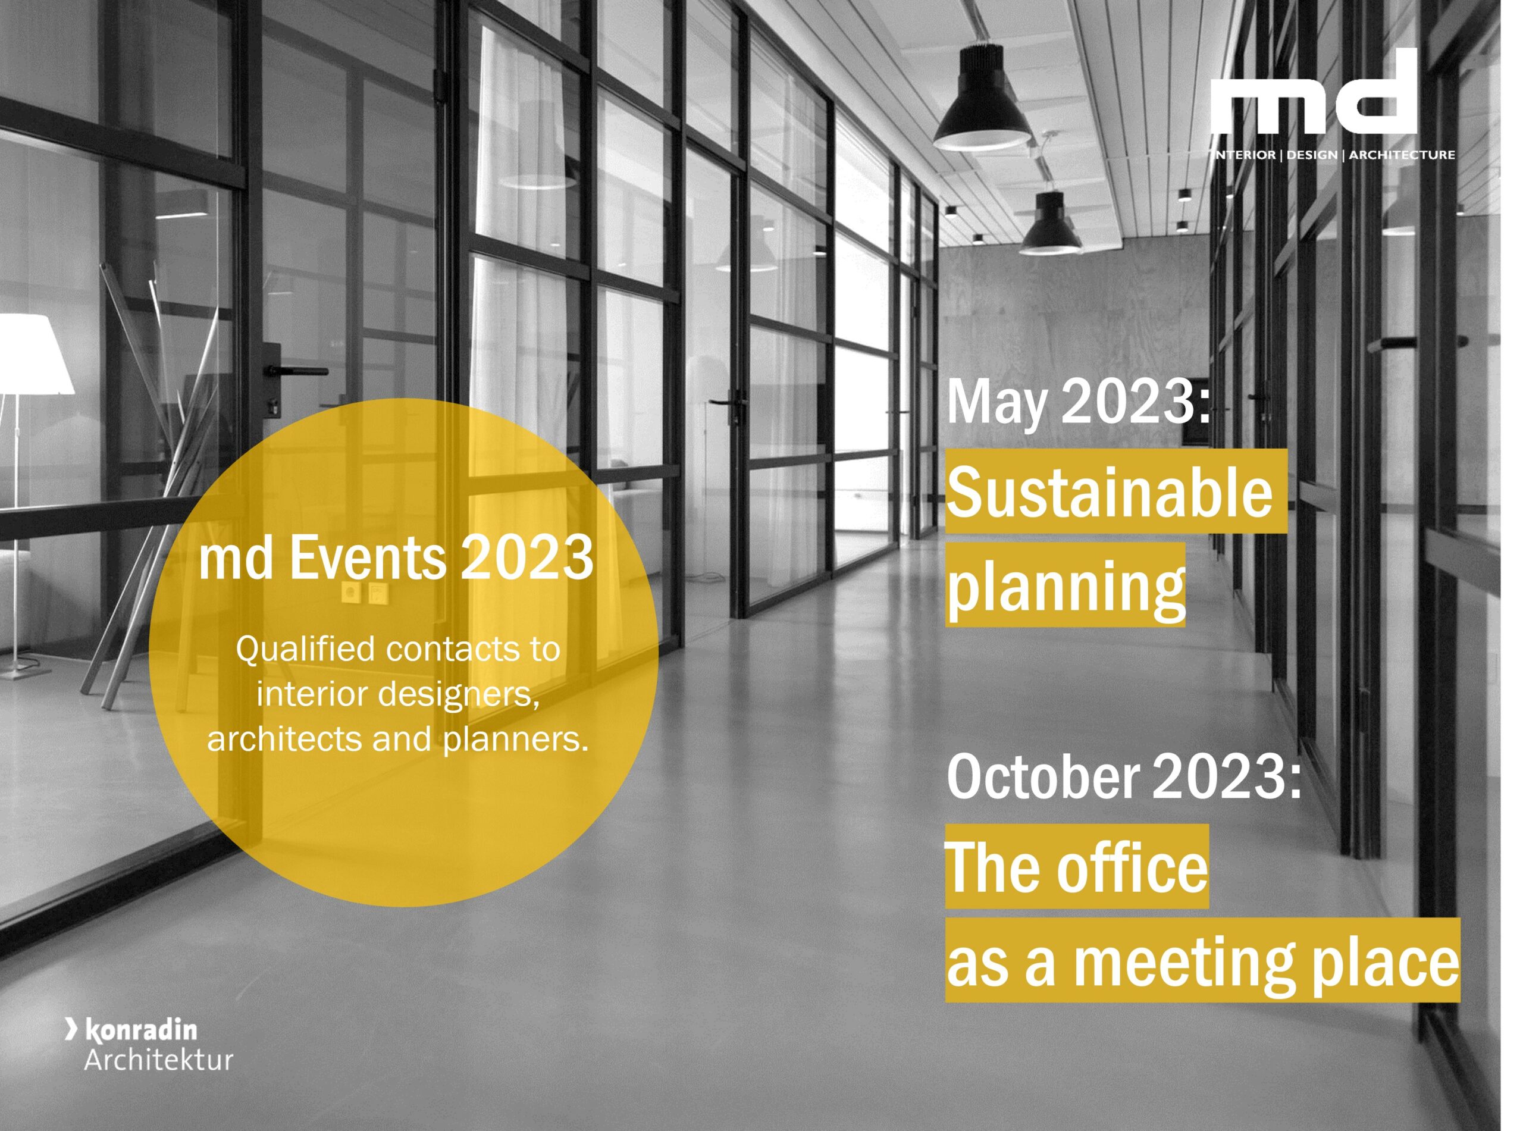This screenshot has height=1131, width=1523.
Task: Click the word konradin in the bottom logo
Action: tap(141, 1030)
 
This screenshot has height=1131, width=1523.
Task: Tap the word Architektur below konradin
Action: tap(159, 1060)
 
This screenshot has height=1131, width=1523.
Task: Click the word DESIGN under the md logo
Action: tap(1311, 155)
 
